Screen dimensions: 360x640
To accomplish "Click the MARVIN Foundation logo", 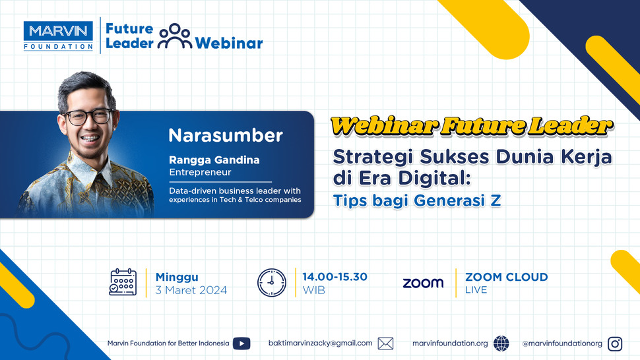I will tap(58, 35).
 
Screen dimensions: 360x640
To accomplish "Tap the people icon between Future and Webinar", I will tap(175, 36).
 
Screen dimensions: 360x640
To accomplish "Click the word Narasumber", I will tap(226, 136).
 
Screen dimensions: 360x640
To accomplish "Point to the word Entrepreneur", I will tap(200, 173).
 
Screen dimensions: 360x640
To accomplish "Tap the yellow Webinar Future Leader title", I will tap(471, 126).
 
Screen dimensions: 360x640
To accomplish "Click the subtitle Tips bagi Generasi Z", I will tap(417, 200).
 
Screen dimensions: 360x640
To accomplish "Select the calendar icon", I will tap(123, 283).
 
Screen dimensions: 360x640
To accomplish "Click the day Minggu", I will tap(177, 277).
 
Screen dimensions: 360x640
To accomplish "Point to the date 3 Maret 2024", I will tap(191, 290).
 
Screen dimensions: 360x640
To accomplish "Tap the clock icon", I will tap(271, 283).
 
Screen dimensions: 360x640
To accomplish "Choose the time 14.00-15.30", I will tap(335, 277).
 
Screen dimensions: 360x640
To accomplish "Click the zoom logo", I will tap(423, 283).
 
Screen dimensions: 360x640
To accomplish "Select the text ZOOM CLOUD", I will tap(506, 277).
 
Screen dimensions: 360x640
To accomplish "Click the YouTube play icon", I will tap(241, 343).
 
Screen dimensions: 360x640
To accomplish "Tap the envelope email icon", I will tap(385, 343).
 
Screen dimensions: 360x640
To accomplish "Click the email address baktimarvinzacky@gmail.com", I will tap(321, 343).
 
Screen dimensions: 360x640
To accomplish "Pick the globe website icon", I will tap(501, 343).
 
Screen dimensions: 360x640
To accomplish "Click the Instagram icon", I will tap(615, 343).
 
